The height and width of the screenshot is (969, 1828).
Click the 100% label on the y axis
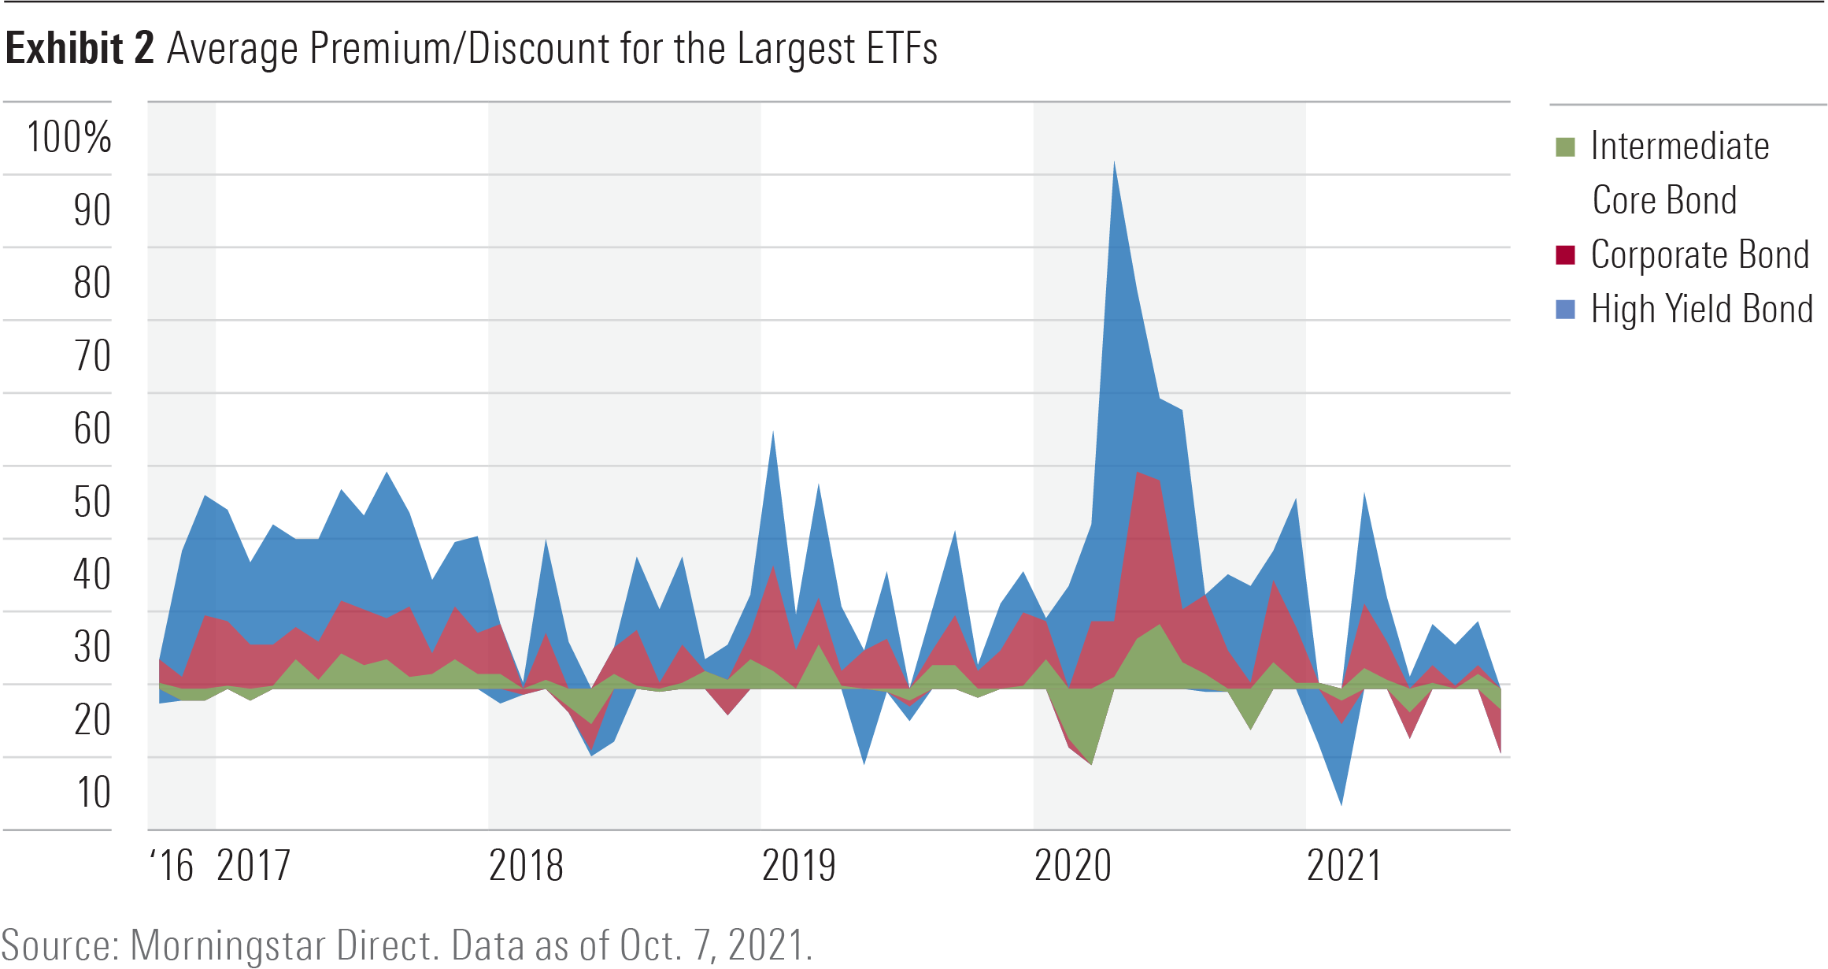pos(69,138)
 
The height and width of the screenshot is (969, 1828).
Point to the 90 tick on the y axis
pos(92,210)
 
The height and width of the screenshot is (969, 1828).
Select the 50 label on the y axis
pos(92,502)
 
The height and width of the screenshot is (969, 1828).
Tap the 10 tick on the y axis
pos(94,793)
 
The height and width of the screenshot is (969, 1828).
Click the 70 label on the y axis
pos(92,356)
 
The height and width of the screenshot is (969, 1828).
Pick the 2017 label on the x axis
pos(253,866)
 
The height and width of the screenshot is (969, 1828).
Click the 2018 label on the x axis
pos(526,866)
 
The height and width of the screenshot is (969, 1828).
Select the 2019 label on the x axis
pos(798,866)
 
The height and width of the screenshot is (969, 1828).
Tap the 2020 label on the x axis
pos(1072,866)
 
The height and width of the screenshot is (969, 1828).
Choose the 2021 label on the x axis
pos(1344,866)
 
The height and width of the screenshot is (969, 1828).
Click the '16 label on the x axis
pos(172,866)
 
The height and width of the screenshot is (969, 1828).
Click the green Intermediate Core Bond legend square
pos(1565,147)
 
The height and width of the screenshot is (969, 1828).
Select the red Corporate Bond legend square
pos(1565,255)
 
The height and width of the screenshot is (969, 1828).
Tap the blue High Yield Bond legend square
pos(1565,310)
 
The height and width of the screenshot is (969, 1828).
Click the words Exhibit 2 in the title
pos(80,49)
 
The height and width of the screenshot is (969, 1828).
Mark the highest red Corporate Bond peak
pos(1137,474)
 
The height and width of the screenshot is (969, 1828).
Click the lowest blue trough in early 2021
pos(1341,803)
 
